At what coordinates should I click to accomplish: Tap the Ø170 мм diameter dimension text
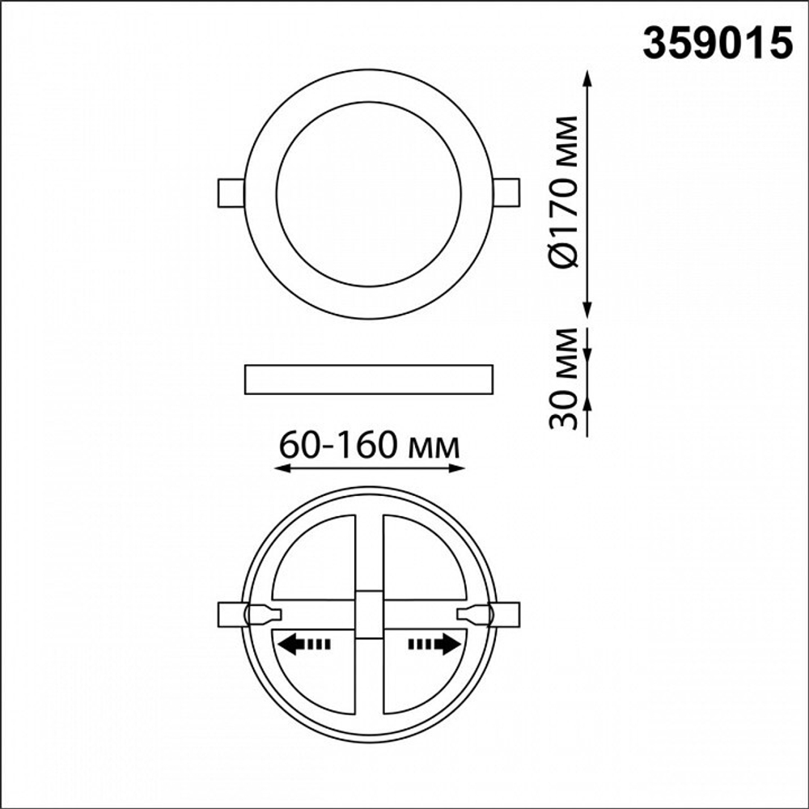click(562, 192)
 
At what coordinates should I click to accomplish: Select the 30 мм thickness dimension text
click(562, 378)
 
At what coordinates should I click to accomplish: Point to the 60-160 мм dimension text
click(369, 445)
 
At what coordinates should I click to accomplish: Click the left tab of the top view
click(231, 193)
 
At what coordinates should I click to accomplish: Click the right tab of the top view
click(506, 193)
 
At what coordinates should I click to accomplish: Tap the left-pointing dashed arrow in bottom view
click(304, 644)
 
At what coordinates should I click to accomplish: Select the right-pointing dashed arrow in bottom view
click(434, 643)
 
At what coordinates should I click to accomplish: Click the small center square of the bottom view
click(369, 615)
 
